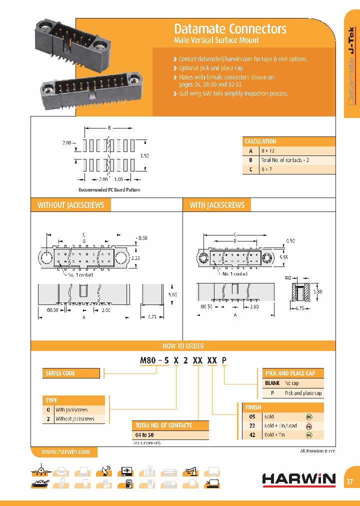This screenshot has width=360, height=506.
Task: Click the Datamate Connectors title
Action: pos(230,28)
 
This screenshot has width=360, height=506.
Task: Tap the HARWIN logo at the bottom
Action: pos(299,479)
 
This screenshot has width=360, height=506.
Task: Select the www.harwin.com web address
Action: pos(65,451)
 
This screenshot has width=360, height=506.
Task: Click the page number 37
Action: pos(350,481)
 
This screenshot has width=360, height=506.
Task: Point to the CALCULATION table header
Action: pos(260,141)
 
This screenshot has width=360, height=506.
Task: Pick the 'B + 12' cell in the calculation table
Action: pos(268,150)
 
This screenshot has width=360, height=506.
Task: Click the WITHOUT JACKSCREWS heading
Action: pos(71,205)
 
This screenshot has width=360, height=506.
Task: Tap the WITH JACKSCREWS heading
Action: pos(217,205)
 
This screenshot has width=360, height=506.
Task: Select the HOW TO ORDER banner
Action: pos(183,346)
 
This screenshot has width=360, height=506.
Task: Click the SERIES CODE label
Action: pos(60,373)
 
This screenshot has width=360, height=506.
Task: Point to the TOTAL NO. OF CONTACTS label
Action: pos(163,425)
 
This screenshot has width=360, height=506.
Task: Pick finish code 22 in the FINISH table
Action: pos(252,425)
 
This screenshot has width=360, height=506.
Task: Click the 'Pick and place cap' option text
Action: pos(303,393)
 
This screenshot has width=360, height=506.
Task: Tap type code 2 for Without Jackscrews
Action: pos(48,419)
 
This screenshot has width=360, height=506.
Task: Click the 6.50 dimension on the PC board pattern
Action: pos(144,156)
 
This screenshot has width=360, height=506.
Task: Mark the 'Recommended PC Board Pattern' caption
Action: pos(109,189)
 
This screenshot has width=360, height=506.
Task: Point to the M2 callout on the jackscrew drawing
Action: pos(288,277)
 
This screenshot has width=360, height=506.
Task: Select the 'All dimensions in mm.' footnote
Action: pos(318,451)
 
